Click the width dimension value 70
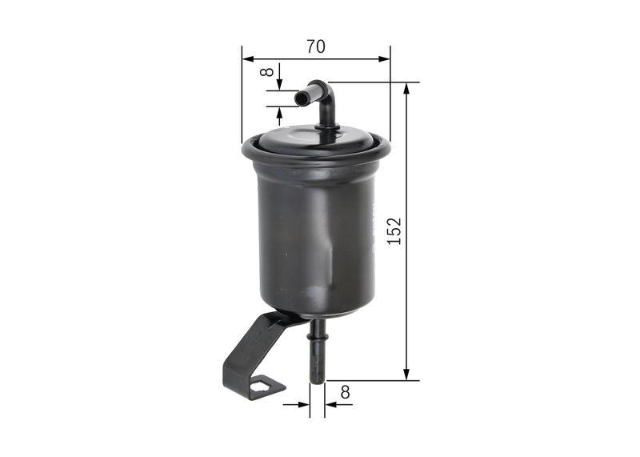pos(315,46)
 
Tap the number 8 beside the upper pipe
pos(268,72)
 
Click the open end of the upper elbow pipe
pos(298,98)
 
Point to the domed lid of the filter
pos(316,138)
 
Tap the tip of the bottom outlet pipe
pos(317,379)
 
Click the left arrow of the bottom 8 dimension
pos(304,404)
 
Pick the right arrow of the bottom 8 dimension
pos(330,404)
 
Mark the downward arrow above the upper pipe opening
pos(280,86)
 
